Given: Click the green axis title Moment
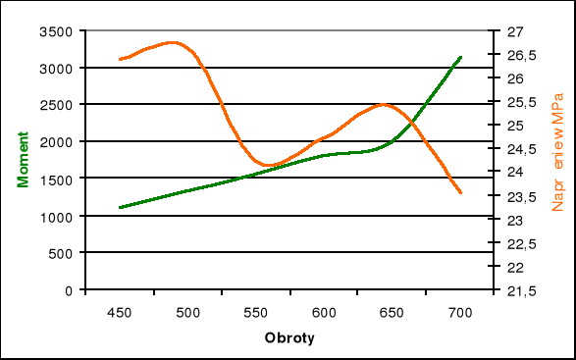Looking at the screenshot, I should click(x=21, y=160).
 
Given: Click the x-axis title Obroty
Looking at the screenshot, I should click(x=290, y=337).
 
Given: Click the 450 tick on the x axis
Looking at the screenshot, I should click(x=120, y=312).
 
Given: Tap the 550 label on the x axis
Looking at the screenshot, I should click(x=255, y=312).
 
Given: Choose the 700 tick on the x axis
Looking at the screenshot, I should click(x=460, y=312).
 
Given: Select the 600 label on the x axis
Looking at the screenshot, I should click(x=324, y=312).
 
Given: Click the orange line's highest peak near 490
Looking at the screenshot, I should click(x=174, y=42).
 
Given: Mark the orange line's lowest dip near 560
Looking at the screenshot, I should click(x=267, y=165).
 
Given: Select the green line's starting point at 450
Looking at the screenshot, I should click(x=120, y=207).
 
